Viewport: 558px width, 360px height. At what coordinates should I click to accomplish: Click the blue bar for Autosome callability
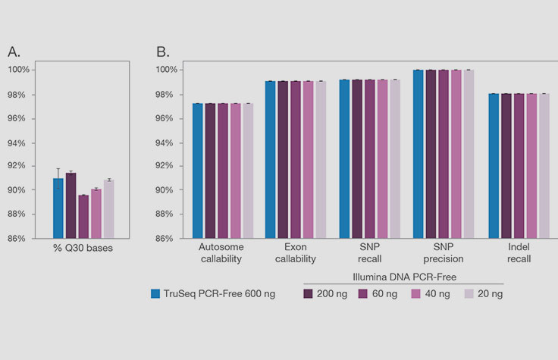197,171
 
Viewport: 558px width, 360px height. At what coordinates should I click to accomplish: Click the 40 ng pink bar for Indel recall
531,166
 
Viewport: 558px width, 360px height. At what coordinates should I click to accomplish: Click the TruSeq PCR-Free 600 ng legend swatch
155,293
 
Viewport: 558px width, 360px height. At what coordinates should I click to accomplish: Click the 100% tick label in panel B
168,70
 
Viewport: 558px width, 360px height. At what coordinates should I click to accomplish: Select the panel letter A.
14,52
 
